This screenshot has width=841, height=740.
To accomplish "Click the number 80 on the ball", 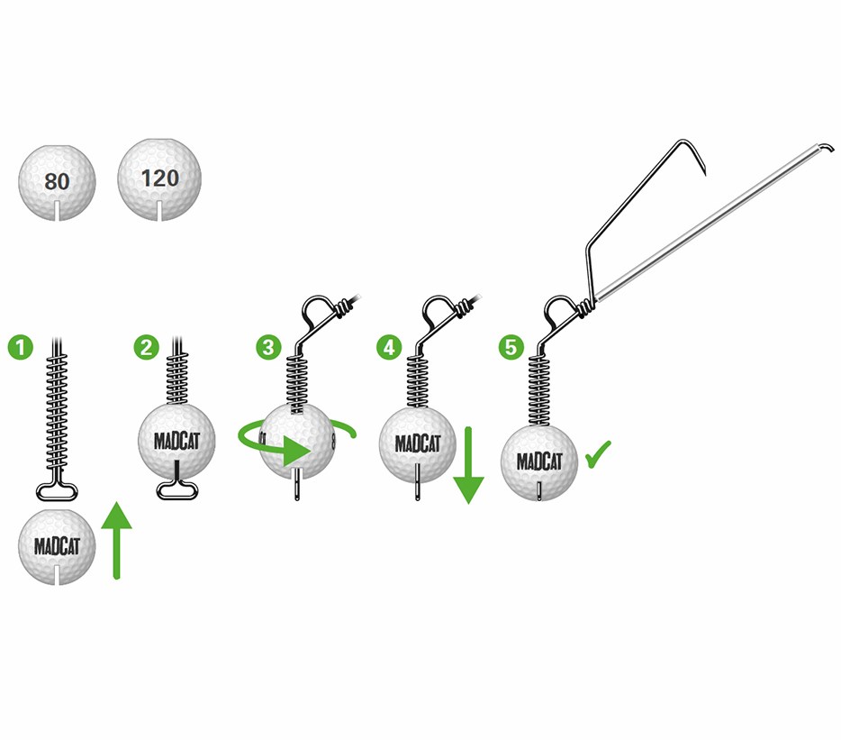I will coord(56,182).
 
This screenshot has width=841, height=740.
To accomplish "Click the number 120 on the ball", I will coord(160,178).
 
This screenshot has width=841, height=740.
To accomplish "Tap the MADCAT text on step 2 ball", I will coord(176,442).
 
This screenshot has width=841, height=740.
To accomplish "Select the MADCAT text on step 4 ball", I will coord(416,444).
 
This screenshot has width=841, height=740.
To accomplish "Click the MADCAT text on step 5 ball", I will coord(539,461).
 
